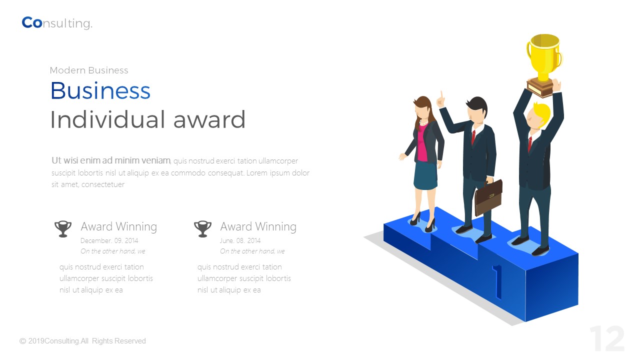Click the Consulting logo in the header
click(x=57, y=23)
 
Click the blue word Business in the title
click(x=100, y=91)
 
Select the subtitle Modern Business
click(x=89, y=70)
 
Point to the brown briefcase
click(x=488, y=197)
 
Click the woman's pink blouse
click(x=422, y=143)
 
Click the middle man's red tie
click(x=473, y=136)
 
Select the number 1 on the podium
click(x=497, y=281)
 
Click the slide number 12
click(x=606, y=339)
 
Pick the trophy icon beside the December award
click(x=63, y=228)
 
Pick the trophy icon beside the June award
click(x=202, y=228)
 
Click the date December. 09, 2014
click(x=109, y=240)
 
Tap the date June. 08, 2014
click(x=240, y=240)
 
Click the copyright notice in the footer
click(x=82, y=341)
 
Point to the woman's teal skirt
click(x=425, y=175)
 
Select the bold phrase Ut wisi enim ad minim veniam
click(x=111, y=160)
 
